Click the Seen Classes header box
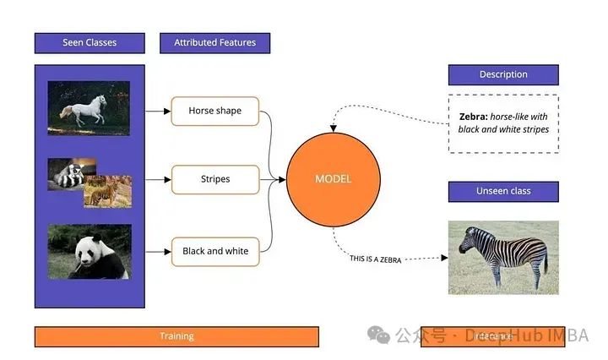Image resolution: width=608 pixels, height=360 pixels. tap(90, 42)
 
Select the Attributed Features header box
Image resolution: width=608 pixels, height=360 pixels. tap(214, 42)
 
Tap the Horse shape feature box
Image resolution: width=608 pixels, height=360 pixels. tap(214, 111)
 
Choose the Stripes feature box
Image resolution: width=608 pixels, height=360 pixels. tap(214, 179)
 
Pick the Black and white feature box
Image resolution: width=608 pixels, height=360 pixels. tap(214, 251)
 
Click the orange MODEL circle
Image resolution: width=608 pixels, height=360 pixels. tap(333, 179)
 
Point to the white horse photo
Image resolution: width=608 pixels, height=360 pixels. tap(89, 108)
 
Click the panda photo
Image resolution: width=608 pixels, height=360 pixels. tap(89, 251)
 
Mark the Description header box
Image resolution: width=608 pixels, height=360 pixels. tap(502, 74)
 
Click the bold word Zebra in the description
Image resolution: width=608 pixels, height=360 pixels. tap(473, 117)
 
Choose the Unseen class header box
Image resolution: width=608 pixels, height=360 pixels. tap(502, 191)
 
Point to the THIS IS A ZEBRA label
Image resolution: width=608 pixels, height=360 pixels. tap(375, 259)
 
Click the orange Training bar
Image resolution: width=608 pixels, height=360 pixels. tap(176, 336)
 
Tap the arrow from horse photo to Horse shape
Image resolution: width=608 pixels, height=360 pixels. tap(157, 111)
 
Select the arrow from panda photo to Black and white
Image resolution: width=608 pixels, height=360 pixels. tap(157, 251)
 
